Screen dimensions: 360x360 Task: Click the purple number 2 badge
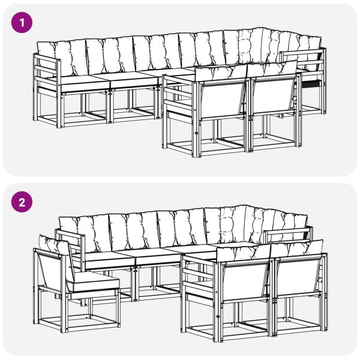click(22, 202)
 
